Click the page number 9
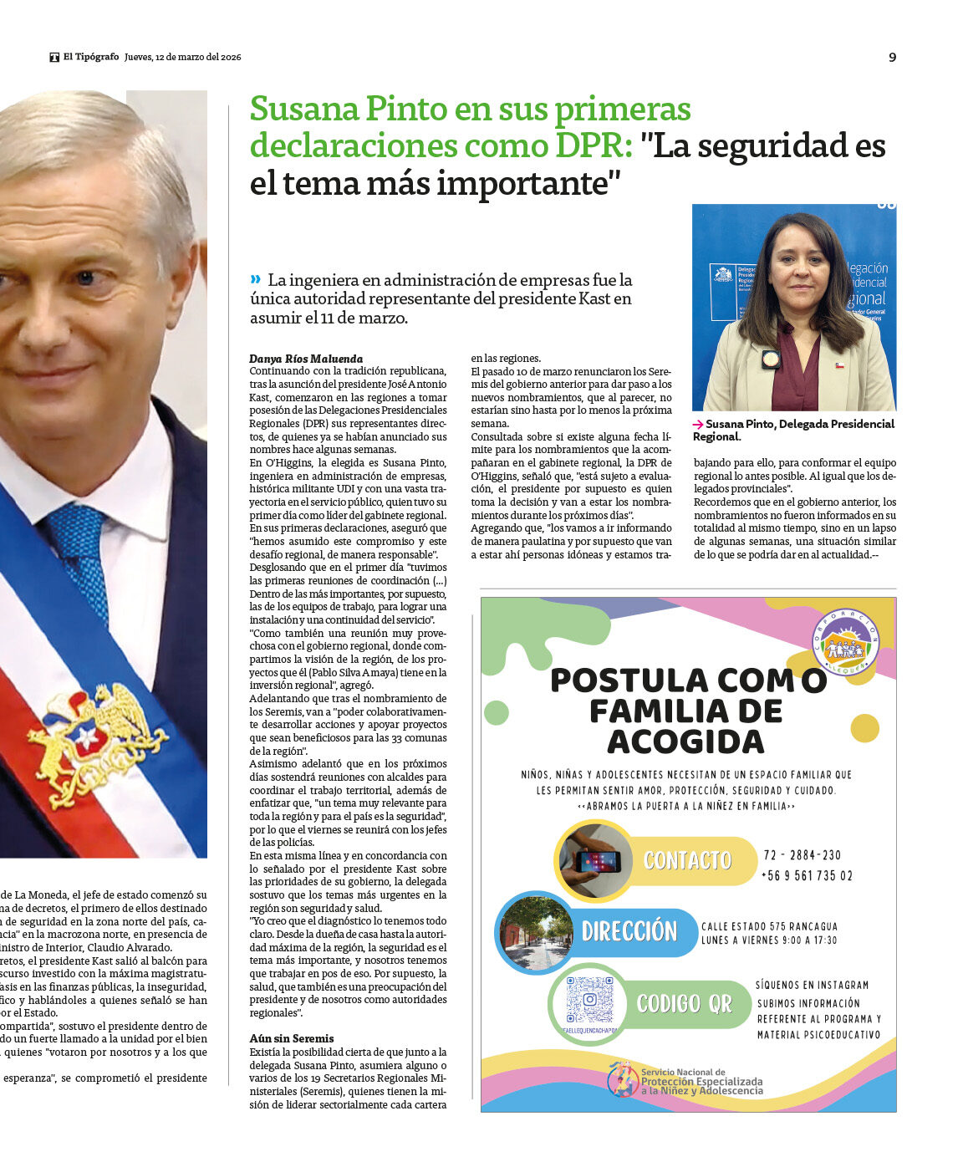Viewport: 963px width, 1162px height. click(892, 58)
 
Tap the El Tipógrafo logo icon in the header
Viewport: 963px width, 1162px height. click(54, 58)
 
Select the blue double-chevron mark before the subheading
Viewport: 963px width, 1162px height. click(255, 279)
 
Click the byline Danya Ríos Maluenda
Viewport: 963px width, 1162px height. click(294, 359)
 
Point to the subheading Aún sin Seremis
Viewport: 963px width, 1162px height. click(292, 1038)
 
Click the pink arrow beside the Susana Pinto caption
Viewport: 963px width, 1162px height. click(698, 425)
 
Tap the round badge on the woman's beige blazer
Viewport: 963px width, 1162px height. click(771, 359)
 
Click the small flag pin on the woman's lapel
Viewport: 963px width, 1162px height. click(839, 365)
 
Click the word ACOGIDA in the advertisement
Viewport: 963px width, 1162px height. click(685, 742)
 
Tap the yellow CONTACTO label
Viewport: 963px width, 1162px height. click(687, 860)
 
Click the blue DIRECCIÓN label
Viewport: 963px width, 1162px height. click(629, 931)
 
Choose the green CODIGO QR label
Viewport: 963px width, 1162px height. click(684, 1003)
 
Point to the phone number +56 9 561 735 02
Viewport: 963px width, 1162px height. click(807, 876)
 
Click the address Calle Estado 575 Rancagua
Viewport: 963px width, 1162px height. click(769, 926)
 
